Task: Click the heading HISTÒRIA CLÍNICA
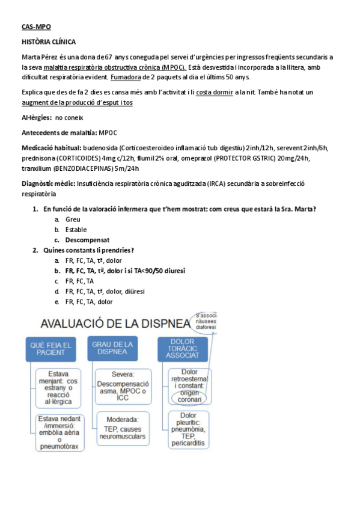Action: pyautogui.click(x=48, y=41)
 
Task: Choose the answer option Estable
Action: pyautogui.click(x=76, y=229)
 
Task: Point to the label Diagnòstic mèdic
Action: pyautogui.click(x=50, y=182)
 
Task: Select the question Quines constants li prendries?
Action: pyautogui.click(x=88, y=250)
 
